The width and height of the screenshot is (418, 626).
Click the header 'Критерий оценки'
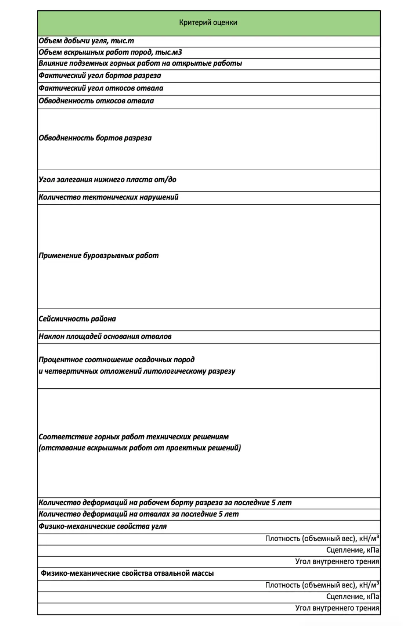click(x=208, y=23)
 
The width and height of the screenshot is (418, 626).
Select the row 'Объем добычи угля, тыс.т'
click(x=86, y=41)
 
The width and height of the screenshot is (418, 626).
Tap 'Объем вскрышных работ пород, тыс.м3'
click(x=110, y=52)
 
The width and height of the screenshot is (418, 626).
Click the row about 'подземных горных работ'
click(x=140, y=63)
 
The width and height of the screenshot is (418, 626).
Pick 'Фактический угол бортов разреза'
click(x=100, y=76)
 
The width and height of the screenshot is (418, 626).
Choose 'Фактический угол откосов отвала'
click(x=101, y=88)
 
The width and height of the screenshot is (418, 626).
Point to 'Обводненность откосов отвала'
click(x=96, y=101)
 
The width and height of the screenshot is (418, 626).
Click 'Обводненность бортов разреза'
click(x=95, y=138)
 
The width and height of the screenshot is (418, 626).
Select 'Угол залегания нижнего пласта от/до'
click(x=108, y=180)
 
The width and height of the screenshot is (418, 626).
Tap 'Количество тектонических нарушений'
click(x=109, y=197)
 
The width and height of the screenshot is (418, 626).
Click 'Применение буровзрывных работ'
click(x=99, y=256)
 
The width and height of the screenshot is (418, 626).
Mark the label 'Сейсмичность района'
click(x=77, y=319)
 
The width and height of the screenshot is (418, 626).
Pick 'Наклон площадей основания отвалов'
click(x=105, y=337)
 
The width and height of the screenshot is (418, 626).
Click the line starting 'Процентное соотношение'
click(x=117, y=360)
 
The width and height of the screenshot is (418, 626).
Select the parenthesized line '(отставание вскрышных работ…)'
click(x=140, y=448)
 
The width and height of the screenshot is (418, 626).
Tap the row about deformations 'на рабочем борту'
click(x=165, y=503)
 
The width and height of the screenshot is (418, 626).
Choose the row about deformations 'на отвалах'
click(x=139, y=514)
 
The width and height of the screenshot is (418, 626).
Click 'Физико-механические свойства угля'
click(x=103, y=527)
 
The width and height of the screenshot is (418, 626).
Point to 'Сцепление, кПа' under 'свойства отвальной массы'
click(x=353, y=597)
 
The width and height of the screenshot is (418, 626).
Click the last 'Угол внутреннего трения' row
click(x=337, y=608)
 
